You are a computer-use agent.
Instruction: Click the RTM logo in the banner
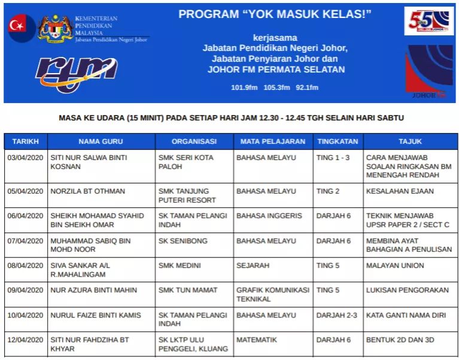coord(75,74)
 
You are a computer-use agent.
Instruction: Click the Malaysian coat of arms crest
coord(55,27)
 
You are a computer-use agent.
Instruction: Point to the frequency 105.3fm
coord(276,87)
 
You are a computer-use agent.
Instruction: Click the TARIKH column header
coord(25,141)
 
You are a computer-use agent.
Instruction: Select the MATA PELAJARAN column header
coord(272,141)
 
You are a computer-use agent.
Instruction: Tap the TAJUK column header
coord(410,141)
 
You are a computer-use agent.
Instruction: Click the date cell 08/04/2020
coord(25,265)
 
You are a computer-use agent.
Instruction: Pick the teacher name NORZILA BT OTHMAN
coord(88,191)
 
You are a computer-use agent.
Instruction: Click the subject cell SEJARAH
coord(253,265)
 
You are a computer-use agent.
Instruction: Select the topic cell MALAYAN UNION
coord(395,265)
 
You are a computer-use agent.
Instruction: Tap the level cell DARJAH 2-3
coord(337,315)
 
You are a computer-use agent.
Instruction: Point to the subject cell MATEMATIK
coord(257,340)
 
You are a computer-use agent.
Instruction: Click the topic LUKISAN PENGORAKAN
coord(408,290)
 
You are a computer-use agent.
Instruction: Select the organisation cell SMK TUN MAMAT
coord(188,290)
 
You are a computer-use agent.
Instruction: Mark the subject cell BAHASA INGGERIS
coord(269,216)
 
